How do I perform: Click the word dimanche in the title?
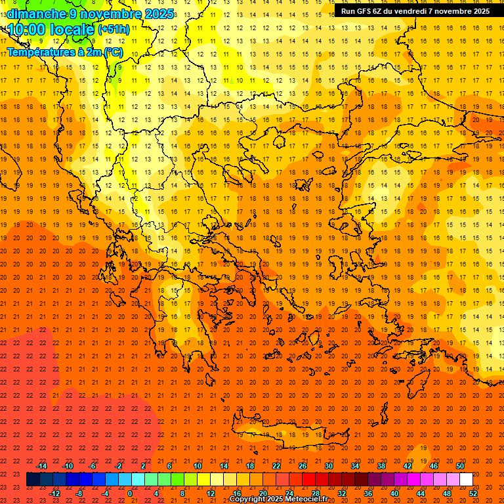pos(33,14)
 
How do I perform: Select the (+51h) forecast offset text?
pos(114,30)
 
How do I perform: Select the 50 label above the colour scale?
pos(460,466)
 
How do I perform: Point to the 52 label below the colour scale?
pos(472,493)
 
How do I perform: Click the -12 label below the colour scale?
pos(54,493)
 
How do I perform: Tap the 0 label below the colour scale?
pos(130,493)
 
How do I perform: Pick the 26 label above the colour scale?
pos(303,466)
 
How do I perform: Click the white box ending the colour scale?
pos(467,480)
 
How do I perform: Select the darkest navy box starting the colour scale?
pos(33,480)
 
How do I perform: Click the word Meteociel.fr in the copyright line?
pos(308,499)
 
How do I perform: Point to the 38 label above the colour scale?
pos(381,466)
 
